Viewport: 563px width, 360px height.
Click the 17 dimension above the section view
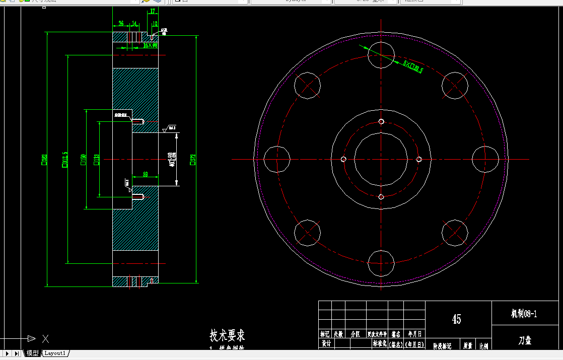153,11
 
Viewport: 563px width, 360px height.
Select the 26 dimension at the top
121,23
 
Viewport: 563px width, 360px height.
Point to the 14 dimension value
134,23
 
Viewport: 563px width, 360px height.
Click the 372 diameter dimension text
192,160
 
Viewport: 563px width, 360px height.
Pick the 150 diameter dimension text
83,159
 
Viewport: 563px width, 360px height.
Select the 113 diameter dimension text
96,159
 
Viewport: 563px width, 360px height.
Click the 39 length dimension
145,174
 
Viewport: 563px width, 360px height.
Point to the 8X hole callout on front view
413,67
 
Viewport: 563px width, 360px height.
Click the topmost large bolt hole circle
381,55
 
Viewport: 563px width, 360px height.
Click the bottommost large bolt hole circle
381,263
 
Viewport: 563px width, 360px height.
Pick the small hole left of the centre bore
343,159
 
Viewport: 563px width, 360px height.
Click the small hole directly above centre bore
381,121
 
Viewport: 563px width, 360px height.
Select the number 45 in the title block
456,319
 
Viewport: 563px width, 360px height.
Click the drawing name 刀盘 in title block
525,340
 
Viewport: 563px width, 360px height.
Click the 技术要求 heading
227,335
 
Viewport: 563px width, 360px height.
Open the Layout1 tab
55,353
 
